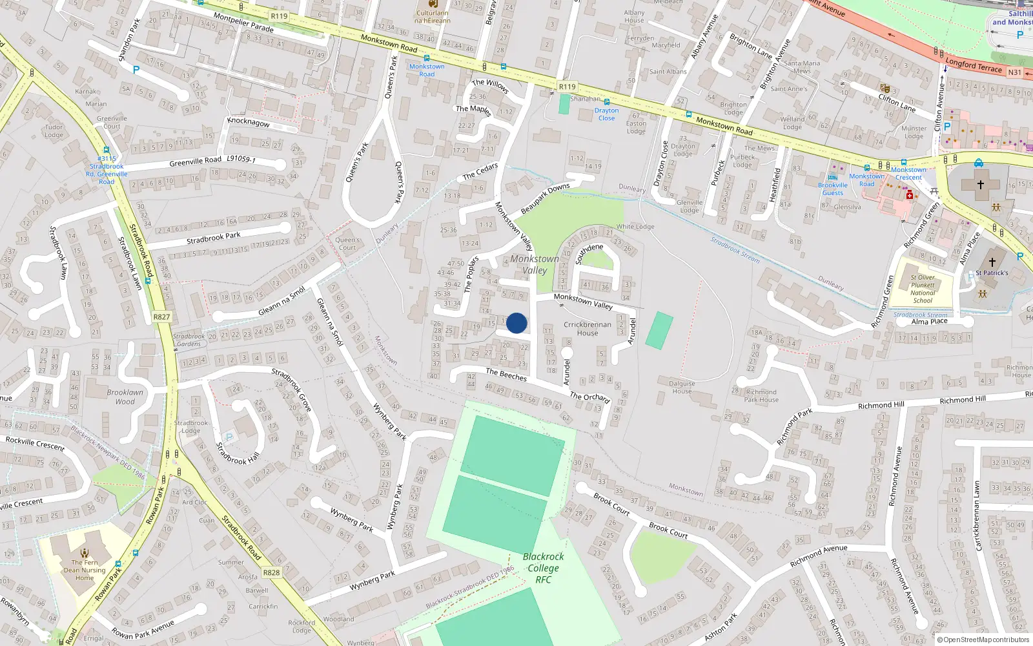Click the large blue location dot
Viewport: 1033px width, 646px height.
[516, 323]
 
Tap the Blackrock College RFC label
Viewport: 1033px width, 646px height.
[543, 568]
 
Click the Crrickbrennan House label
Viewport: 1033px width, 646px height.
[587, 329]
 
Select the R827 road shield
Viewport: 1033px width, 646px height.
[161, 317]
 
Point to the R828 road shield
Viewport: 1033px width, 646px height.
[271, 572]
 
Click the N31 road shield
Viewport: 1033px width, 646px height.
[1015, 72]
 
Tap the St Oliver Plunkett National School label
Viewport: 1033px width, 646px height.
[923, 289]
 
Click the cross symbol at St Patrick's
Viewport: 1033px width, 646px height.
[992, 262]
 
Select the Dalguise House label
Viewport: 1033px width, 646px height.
[682, 387]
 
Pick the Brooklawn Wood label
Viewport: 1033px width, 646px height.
[125, 397]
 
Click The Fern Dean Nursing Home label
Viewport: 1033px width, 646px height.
[85, 570]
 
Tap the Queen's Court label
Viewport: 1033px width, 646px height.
[347, 244]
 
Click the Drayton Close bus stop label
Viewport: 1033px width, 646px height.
[606, 114]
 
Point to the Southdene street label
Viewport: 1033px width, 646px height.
[589, 253]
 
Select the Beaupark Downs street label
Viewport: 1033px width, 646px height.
[545, 199]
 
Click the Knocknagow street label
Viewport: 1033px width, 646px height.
[249, 122]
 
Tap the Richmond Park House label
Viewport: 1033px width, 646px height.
[761, 395]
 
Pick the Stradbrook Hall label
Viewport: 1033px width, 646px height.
[238, 453]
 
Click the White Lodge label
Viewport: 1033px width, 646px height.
[635, 227]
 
